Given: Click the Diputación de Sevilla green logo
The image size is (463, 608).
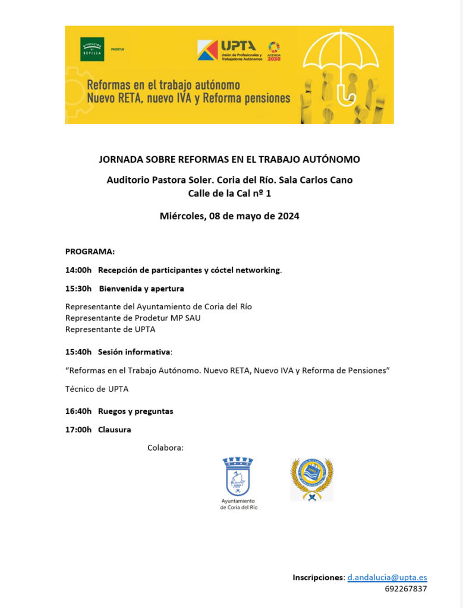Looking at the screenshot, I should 92,49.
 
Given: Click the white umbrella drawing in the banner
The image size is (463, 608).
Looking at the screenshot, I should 341,59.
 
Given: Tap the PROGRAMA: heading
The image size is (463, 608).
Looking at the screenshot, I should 90,251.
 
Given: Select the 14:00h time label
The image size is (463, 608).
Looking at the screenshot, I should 78,270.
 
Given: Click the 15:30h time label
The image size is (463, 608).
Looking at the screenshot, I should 78,289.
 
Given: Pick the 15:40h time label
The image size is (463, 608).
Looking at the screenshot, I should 78,351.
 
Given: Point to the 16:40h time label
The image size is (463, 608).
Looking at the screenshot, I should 78,411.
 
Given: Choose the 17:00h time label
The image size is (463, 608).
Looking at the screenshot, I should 78,429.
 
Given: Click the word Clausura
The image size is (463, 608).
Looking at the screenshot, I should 115,429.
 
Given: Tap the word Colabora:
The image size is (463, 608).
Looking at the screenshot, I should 165,447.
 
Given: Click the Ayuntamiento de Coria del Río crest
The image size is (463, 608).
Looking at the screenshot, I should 238,478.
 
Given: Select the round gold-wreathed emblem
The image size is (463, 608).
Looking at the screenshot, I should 311,479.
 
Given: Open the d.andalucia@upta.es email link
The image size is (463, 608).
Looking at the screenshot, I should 387,577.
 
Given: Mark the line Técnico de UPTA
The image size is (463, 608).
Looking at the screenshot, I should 97,389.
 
